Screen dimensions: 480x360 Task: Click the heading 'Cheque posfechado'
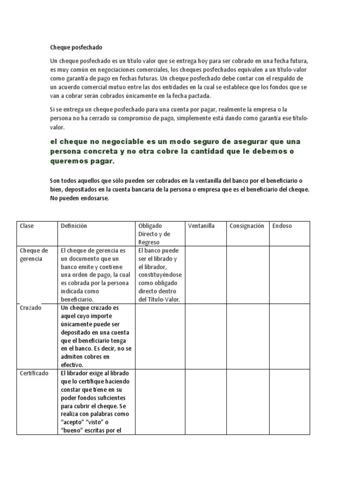[76, 47]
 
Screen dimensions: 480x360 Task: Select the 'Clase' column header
[27, 226]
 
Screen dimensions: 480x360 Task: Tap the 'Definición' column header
[74, 226]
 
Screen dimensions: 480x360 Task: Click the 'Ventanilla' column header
[201, 226]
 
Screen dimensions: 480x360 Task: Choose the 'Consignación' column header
[247, 226]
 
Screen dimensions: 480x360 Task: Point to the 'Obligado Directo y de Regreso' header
[154, 234]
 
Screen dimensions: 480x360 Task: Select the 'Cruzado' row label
[30, 308]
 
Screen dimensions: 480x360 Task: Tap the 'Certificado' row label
[34, 374]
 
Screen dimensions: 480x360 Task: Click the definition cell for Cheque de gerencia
[96, 275]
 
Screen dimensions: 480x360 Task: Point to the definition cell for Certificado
[96, 402]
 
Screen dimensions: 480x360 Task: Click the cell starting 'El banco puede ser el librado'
[160, 275]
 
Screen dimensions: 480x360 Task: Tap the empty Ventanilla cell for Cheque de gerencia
[205, 275]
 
